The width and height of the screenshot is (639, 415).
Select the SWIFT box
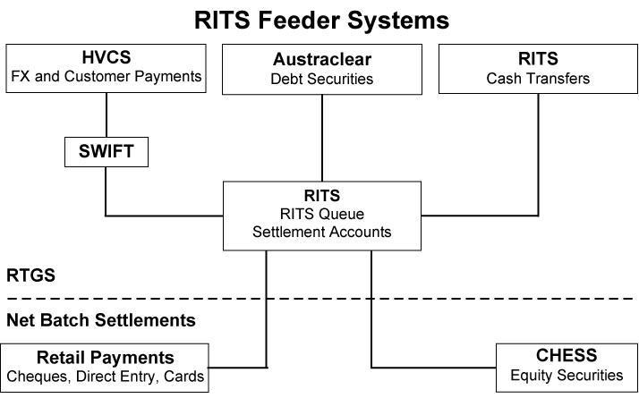tap(106, 152)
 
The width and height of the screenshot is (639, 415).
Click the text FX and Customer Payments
tap(106, 76)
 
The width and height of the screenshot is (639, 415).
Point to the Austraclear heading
tap(321, 60)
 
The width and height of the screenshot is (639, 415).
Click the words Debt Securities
tap(321, 80)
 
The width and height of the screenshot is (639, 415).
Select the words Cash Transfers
tap(538, 79)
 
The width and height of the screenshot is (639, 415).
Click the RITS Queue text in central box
tap(321, 214)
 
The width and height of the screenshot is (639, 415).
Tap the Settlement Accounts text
tap(321, 233)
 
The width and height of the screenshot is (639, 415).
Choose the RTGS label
tap(31, 275)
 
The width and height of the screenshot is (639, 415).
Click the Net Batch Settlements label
tap(101, 319)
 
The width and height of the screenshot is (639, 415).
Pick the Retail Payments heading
tap(106, 356)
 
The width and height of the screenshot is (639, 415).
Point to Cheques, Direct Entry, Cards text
tap(106, 377)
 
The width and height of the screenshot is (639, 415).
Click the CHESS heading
tap(566, 356)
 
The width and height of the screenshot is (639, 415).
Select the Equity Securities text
tap(566, 376)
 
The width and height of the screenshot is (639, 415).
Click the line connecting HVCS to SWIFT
tap(106, 114)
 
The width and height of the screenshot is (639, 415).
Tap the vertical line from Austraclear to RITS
tap(321, 138)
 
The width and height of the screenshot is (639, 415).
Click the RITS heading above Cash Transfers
tap(538, 59)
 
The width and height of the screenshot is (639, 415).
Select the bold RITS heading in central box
tap(321, 195)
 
